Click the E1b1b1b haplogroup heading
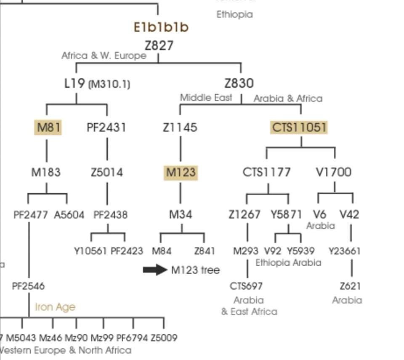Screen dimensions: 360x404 [161, 27]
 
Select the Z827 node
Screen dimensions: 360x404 [159, 45]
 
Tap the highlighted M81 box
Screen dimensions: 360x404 [48, 127]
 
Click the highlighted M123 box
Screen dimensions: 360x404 [181, 172]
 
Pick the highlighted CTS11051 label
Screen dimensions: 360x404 [299, 127]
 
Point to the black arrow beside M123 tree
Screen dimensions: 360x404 [155, 270]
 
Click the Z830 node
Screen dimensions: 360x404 [239, 83]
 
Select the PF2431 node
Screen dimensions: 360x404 [106, 127]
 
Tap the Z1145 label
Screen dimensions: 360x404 [180, 127]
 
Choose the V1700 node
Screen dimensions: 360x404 [333, 172]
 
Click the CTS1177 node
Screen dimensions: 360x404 [266, 172]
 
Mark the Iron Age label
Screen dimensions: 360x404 [55, 307]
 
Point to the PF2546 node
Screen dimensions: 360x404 [28, 286]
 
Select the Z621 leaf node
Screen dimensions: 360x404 [350, 286]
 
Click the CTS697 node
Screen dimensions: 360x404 [246, 286]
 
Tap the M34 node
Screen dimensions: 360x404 [181, 215]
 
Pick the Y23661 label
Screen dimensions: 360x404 [345, 251]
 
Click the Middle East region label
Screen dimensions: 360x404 [206, 98]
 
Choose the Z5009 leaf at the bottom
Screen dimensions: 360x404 [164, 338]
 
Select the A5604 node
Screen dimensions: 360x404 [69, 215]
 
